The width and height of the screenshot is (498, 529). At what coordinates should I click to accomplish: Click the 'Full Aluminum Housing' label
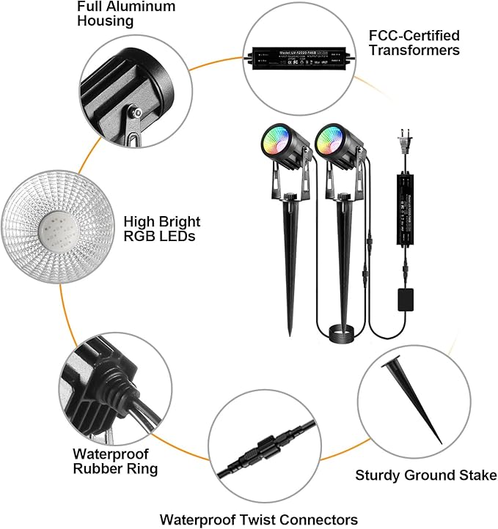[126, 13]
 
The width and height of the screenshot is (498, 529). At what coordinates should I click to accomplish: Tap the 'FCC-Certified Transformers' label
[415, 42]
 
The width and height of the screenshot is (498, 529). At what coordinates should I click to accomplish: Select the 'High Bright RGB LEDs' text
[161, 228]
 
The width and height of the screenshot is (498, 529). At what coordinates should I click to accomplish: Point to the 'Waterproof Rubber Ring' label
[115, 461]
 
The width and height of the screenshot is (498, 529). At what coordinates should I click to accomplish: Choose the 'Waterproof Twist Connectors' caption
[259, 519]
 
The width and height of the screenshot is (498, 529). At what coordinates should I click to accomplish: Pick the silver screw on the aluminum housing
[136, 112]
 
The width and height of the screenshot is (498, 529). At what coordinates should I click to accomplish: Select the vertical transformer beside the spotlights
[404, 207]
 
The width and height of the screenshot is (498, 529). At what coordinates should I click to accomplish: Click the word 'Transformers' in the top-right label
[415, 50]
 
